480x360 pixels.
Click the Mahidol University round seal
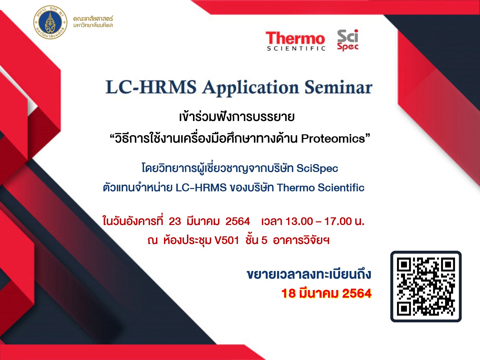(50, 22)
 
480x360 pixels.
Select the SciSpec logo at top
(348, 40)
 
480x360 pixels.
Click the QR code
(426, 287)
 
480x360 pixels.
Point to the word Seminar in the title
(338, 87)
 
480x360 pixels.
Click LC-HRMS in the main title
(151, 87)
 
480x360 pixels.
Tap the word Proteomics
(333, 139)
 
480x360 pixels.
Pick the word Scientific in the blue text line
(341, 188)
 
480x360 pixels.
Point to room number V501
(227, 240)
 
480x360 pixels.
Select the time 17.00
(338, 221)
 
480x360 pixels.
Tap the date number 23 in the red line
(175, 221)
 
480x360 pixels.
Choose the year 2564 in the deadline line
(357, 293)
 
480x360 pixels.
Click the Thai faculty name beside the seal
(93, 22)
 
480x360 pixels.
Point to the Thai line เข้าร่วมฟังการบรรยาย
(237, 117)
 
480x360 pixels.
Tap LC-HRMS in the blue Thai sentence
(201, 188)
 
